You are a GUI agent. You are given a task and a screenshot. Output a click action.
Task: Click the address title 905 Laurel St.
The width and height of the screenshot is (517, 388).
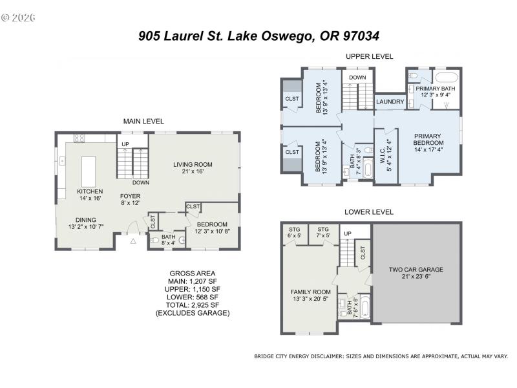pyautogui.click(x=263, y=36)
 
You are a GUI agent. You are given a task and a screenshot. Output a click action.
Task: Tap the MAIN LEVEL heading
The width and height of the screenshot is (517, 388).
pyautogui.click(x=143, y=121)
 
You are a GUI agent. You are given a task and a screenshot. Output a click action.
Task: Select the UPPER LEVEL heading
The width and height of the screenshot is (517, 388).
pyautogui.click(x=369, y=56)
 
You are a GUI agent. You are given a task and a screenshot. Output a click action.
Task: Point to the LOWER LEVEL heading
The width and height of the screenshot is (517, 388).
pyautogui.click(x=369, y=211)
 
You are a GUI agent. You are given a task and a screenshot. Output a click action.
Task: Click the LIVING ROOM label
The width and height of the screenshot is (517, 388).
pyautogui.click(x=193, y=168)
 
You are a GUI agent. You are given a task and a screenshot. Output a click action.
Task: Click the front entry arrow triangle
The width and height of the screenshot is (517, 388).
pyautogui.click(x=133, y=241)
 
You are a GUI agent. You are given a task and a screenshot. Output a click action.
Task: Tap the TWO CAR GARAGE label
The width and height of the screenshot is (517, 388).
pyautogui.click(x=416, y=272)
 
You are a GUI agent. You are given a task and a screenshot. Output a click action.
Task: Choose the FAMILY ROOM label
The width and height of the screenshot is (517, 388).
pyautogui.click(x=310, y=296)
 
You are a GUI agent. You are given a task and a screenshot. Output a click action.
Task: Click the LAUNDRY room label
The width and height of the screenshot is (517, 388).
pyautogui.click(x=390, y=102)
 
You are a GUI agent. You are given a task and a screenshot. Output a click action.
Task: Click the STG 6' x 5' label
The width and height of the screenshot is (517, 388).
pyautogui.click(x=295, y=232)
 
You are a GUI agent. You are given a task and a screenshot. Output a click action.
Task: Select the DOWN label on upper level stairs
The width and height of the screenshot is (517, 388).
pyautogui.click(x=357, y=78)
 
